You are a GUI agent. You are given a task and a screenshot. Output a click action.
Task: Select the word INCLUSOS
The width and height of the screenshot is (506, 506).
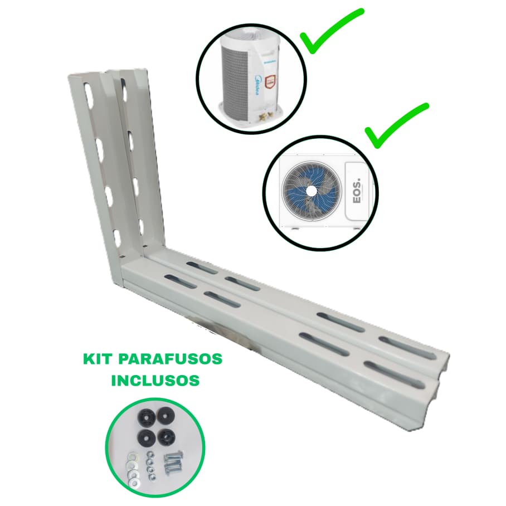(x=155, y=381)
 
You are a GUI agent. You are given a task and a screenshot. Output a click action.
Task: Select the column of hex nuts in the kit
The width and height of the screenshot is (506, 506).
(x=151, y=465)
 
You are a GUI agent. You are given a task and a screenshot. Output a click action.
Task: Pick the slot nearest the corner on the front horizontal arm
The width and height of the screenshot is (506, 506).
(x=181, y=281)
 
